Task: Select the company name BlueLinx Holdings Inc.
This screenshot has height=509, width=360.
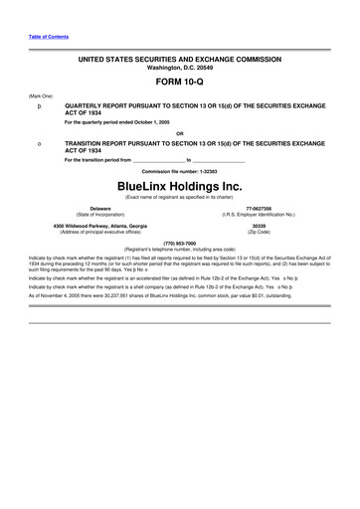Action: [x=179, y=186]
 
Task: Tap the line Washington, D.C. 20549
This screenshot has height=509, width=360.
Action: [x=179, y=68]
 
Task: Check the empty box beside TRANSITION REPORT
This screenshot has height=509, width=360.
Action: [x=39, y=144]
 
